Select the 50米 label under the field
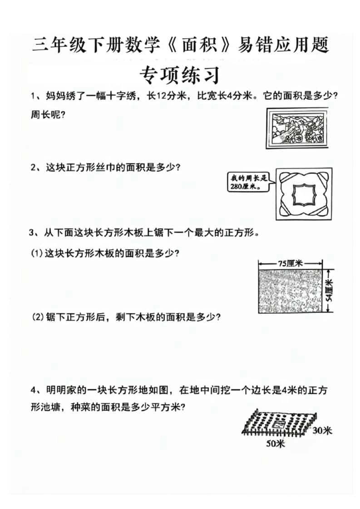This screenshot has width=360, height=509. tap(276, 444)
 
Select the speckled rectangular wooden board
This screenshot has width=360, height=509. tap(291, 291)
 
